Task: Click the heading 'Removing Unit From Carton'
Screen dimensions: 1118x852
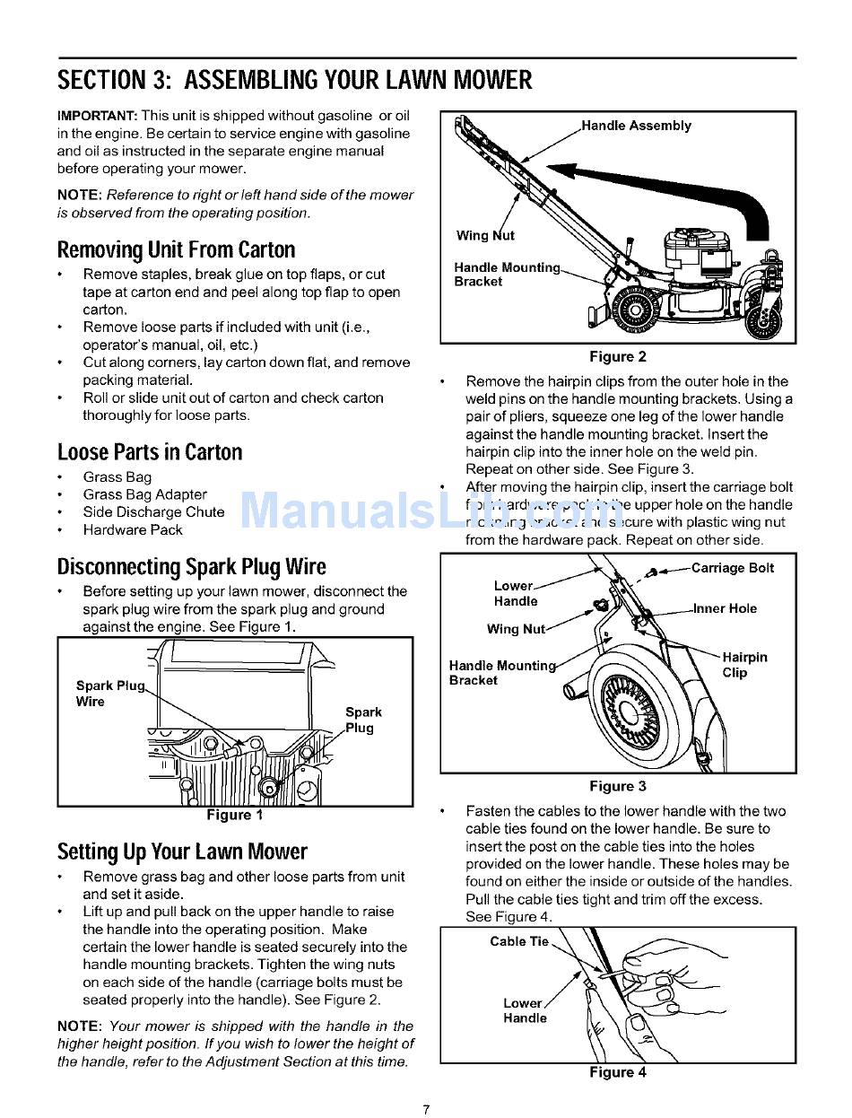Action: point(176,249)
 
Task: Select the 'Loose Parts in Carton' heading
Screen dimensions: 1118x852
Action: point(150,452)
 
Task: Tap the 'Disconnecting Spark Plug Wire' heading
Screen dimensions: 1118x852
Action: point(191,567)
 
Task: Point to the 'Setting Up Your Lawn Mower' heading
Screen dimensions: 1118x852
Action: point(182,852)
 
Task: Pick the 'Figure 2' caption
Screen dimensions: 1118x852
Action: point(618,356)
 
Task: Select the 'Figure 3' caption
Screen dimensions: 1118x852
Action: point(618,786)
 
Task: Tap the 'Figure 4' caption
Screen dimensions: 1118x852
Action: point(618,1072)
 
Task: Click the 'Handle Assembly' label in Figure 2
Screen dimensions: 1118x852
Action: point(637,126)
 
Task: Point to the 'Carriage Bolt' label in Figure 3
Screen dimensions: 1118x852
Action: point(733,568)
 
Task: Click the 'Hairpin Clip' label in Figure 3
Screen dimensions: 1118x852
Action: point(743,665)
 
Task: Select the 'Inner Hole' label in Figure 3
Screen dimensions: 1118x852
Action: point(725,608)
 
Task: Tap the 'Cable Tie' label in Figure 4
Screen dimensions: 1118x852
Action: point(519,941)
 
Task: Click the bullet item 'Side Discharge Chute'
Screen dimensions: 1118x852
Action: point(153,512)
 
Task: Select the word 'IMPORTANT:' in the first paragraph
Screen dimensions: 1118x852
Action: point(97,117)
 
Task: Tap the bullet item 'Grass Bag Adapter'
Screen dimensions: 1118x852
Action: point(144,494)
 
